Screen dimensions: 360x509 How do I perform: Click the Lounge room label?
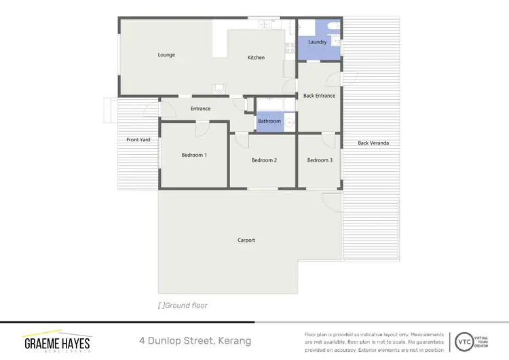click(x=166, y=55)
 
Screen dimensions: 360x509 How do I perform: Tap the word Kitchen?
click(x=256, y=58)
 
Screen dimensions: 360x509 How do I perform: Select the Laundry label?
click(x=317, y=42)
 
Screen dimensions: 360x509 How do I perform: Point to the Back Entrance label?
click(x=319, y=96)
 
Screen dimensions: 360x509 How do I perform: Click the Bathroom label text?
click(x=269, y=122)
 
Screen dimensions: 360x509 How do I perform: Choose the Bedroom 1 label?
click(x=194, y=156)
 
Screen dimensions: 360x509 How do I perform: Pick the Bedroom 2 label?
click(x=264, y=160)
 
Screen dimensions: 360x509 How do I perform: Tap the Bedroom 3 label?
click(x=320, y=160)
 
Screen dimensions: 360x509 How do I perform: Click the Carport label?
click(x=246, y=240)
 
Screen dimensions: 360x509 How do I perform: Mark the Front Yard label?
click(x=138, y=139)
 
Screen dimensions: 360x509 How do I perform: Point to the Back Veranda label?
click(x=373, y=143)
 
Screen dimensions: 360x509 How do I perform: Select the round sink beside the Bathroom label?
click(x=289, y=123)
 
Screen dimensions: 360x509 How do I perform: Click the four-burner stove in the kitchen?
click(x=264, y=24)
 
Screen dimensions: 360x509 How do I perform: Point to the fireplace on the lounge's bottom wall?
click(x=218, y=88)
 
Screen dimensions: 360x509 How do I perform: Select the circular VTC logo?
click(x=465, y=340)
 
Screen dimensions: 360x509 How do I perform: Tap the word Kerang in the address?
click(x=233, y=340)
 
